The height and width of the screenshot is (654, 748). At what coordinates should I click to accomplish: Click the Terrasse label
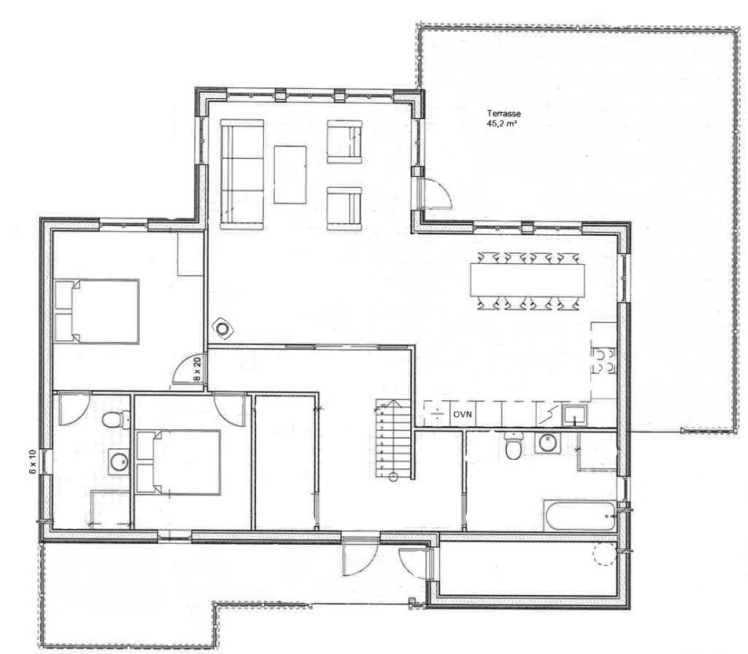click(504, 114)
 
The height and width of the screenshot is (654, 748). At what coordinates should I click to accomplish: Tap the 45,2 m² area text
click(503, 123)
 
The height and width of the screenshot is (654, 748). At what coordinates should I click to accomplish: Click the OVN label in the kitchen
click(462, 414)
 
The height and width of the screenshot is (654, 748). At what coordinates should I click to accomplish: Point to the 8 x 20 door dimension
click(197, 369)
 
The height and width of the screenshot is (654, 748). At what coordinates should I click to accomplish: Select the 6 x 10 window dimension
click(32, 461)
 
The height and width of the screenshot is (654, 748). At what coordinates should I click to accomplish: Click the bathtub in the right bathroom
click(580, 516)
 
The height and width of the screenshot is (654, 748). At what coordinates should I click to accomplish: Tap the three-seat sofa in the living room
click(242, 175)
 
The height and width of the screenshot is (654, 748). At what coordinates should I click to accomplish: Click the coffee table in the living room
click(290, 175)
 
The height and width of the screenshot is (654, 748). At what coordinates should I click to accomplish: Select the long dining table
click(528, 279)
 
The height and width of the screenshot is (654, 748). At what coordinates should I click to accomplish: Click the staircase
click(393, 439)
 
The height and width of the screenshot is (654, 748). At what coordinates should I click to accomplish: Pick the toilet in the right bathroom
click(513, 446)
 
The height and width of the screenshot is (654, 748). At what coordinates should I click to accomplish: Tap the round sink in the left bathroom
click(119, 461)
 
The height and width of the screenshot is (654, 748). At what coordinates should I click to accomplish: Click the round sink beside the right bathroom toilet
click(547, 443)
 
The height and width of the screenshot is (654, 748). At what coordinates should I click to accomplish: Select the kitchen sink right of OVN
click(575, 415)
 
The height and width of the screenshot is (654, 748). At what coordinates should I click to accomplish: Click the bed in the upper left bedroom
click(97, 311)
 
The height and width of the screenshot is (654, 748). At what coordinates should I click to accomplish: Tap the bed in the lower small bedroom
click(178, 462)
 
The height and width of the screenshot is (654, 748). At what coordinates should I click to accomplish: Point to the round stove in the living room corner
click(222, 329)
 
